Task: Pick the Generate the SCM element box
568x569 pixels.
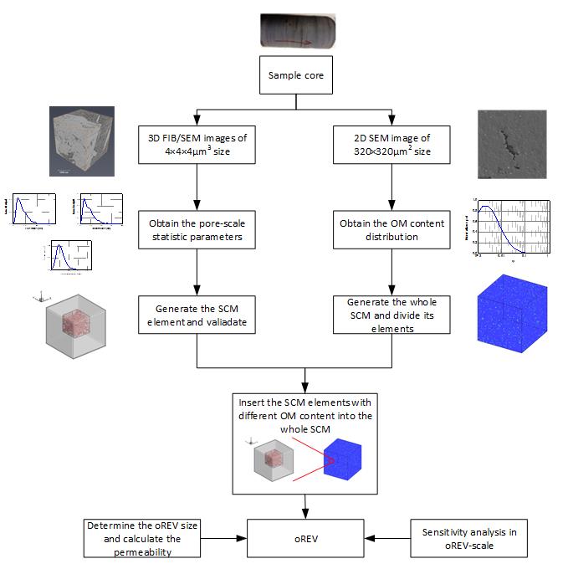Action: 196,314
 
